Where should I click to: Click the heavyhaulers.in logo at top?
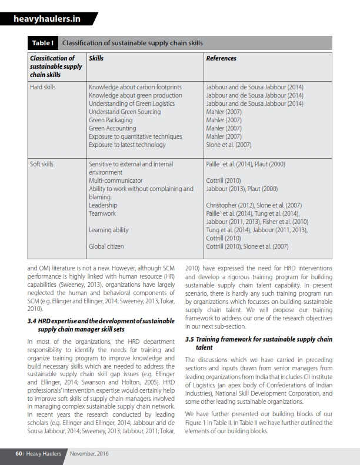point(47,20)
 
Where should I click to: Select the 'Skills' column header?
point(96,58)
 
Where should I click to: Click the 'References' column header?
point(221,58)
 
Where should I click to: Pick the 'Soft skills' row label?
point(41,164)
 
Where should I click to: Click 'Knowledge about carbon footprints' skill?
point(135,87)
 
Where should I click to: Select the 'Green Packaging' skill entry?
point(110,120)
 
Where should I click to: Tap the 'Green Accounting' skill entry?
point(112,128)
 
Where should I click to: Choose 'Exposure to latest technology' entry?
point(127,145)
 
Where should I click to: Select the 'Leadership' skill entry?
point(103,205)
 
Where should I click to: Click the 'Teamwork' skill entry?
point(102,213)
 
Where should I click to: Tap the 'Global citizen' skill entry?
point(106,246)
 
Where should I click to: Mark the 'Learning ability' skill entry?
point(108,230)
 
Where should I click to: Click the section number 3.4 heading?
point(101,325)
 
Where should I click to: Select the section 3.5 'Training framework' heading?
point(258,343)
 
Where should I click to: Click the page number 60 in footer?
point(19,453)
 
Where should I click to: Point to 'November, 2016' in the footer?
point(89,453)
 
